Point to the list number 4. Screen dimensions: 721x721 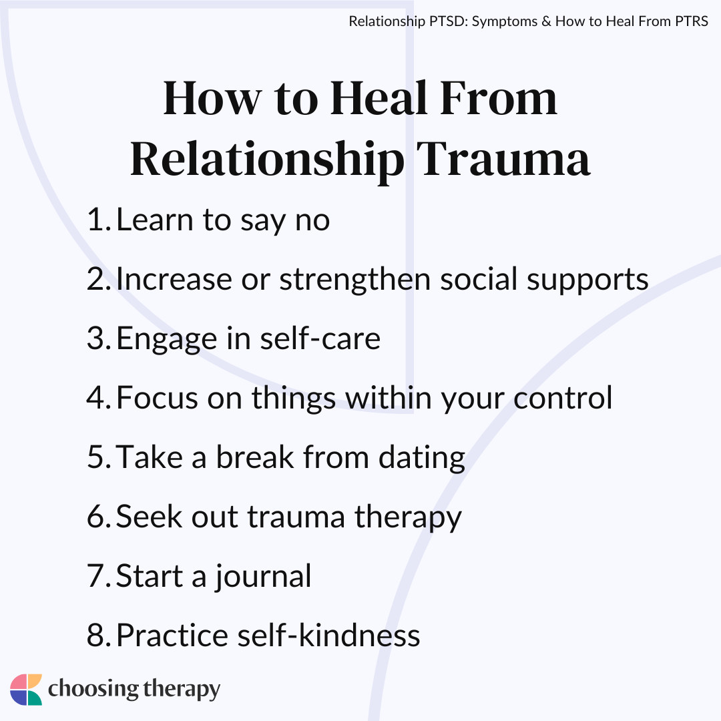pos(98,397)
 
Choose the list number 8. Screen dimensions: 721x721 pos(98,635)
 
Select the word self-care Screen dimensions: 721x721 pos(320,338)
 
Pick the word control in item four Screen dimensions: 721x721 pos(563,397)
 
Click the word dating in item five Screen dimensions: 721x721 pos(422,459)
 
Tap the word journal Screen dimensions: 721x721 pos(263,577)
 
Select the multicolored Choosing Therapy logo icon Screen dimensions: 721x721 pos(26,689)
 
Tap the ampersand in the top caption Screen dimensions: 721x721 pos(546,21)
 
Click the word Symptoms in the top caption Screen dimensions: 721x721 pos(505,22)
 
